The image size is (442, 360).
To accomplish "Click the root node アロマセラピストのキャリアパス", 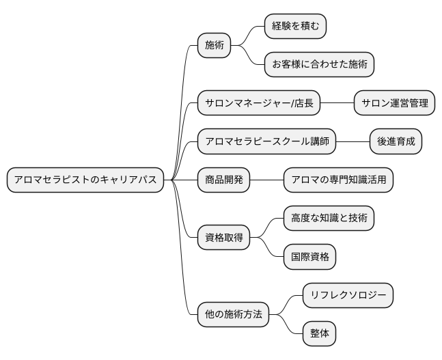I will pyautogui.click(x=85, y=180).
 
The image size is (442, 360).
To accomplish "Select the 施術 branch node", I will pyautogui.click(x=214, y=46).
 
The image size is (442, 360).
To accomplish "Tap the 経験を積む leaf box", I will pyautogui.click(x=295, y=27).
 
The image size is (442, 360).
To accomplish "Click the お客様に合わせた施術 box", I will pyautogui.click(x=319, y=65).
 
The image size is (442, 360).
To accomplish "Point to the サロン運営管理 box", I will pyautogui.click(x=395, y=103).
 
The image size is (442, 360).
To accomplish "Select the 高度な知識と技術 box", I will pyautogui.click(x=329, y=219).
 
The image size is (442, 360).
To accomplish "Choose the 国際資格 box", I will pyautogui.click(x=309, y=257).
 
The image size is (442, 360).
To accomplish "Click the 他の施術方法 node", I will pyautogui.click(x=233, y=315).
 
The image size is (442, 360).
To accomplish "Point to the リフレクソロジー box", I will pyautogui.click(x=348, y=296).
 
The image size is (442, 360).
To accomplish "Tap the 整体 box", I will pyautogui.click(x=319, y=334).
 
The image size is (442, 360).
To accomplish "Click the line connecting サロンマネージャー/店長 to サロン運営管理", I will pyautogui.click(x=337, y=103).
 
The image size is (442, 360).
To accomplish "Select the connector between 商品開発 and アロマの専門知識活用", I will pyautogui.click(x=266, y=180).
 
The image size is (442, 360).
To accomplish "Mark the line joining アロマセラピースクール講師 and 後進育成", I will pyautogui.click(x=353, y=142).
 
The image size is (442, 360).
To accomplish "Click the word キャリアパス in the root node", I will pyautogui.click(x=129, y=180).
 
